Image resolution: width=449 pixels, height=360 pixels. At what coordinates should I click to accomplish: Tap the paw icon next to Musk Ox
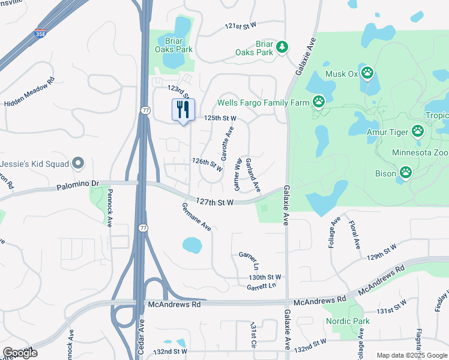pos(367,74)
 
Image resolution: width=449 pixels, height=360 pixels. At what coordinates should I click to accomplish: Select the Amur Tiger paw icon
pos(418,131)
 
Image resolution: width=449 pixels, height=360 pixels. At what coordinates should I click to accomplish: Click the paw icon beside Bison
pos(406,173)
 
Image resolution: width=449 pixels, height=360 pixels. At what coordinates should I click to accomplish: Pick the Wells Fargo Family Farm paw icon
pos(319,103)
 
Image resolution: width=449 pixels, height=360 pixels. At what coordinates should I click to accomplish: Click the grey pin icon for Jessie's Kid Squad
pos(77,163)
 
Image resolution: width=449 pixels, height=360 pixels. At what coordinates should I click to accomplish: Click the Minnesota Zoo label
pos(420,153)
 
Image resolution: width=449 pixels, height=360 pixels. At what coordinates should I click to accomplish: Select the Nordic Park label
pos(348,322)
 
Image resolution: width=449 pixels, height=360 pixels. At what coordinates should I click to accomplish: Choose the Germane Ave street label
pos(197,217)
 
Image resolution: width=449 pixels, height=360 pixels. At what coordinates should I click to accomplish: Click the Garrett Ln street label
pos(261,287)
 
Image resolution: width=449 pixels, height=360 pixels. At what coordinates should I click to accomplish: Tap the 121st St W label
pos(240,25)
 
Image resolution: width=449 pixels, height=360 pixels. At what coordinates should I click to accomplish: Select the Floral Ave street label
pos(354,235)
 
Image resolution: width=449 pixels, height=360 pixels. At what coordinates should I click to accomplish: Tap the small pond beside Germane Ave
pos(191,245)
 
